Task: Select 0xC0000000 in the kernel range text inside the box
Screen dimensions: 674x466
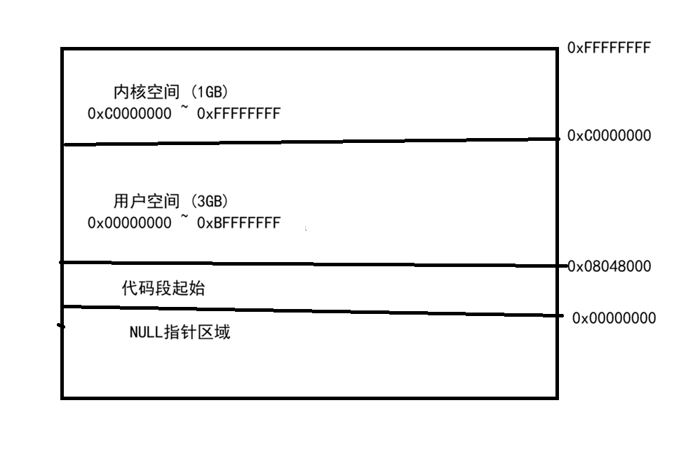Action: [129, 114]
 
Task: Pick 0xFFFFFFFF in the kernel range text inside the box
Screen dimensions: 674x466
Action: [239, 114]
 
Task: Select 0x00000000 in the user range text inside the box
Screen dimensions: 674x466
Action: [129, 223]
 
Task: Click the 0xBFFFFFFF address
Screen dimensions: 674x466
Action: [239, 223]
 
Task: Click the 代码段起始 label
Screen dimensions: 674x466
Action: [163, 288]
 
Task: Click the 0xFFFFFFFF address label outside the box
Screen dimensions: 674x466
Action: [609, 48]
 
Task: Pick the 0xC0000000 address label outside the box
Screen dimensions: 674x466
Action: [609, 136]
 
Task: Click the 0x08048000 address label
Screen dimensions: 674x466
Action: [609, 266]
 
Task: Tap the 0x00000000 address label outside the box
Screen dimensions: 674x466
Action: [614, 318]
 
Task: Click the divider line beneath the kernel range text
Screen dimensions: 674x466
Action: [309, 142]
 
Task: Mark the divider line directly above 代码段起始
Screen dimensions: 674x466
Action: [309, 264]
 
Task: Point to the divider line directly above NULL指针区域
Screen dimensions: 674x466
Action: [309, 311]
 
